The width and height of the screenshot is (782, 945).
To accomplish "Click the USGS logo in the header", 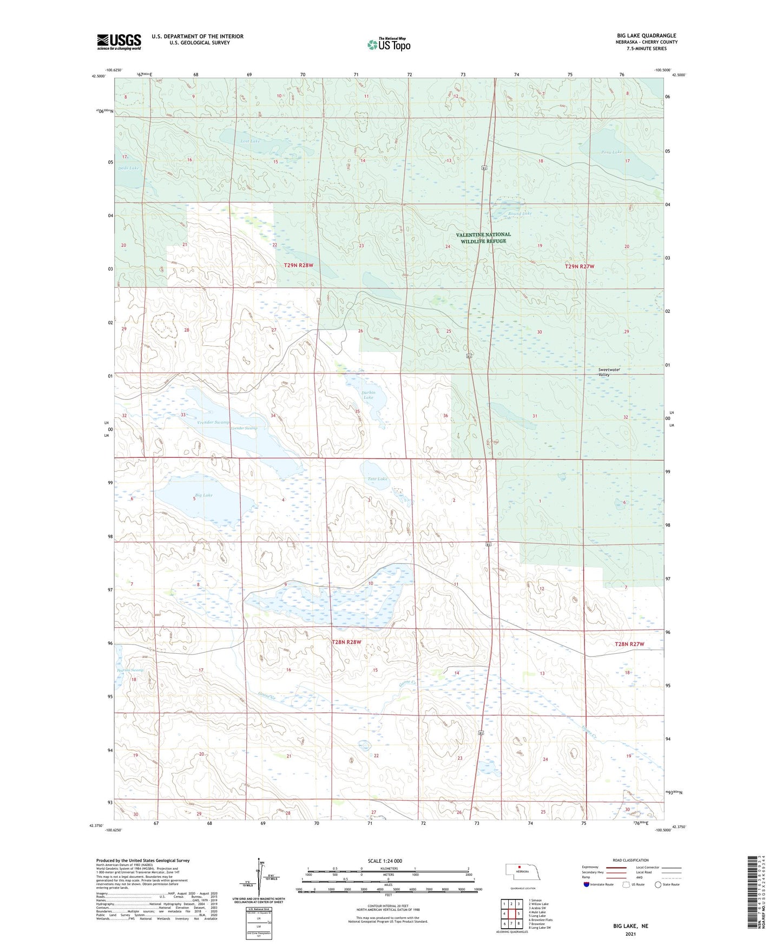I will click(x=119, y=42).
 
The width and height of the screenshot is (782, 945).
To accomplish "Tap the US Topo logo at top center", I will click(x=389, y=44).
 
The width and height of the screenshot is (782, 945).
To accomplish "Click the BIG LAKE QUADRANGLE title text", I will click(x=646, y=36).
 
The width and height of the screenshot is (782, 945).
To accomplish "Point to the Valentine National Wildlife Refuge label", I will click(x=483, y=238).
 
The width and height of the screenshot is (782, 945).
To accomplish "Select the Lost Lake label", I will click(x=250, y=141).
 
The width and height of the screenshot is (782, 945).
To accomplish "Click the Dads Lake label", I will click(x=129, y=168).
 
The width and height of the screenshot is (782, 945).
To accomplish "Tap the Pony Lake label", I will click(x=612, y=152).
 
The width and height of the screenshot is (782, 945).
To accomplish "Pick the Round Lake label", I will click(x=520, y=214).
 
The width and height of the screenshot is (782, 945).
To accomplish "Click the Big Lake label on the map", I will click(x=203, y=495).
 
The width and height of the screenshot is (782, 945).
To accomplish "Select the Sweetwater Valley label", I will click(x=609, y=372).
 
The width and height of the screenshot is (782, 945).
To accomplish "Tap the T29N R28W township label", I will click(x=299, y=265).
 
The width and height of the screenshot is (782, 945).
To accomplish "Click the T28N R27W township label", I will click(x=629, y=644).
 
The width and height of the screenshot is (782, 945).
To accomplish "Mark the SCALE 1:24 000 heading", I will click(x=385, y=861).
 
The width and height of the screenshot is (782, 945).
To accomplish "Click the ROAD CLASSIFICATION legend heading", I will click(x=630, y=860).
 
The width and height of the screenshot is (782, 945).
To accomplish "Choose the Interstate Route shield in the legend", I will click(x=587, y=885).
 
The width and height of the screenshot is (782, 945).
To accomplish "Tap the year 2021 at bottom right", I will click(x=630, y=934).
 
